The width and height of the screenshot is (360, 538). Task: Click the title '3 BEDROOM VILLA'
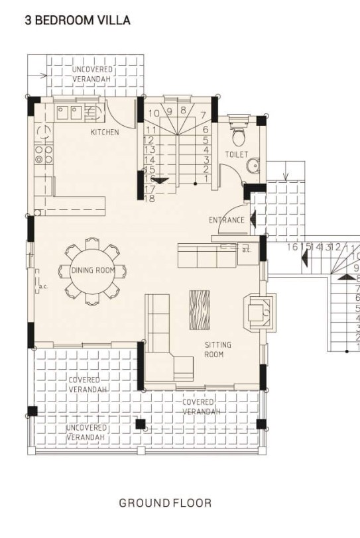(x=78, y=21)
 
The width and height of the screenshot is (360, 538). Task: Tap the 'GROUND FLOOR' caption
(x=165, y=503)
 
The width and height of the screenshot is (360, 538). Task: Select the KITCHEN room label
(x=105, y=133)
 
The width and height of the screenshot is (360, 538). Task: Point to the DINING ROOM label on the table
(x=93, y=270)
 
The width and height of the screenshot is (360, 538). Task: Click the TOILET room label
(x=237, y=154)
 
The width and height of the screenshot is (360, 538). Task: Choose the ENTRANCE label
(x=227, y=220)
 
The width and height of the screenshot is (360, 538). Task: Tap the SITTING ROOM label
(x=214, y=350)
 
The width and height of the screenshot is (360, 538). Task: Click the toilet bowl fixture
(x=239, y=135)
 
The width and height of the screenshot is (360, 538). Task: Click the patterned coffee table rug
(x=199, y=309)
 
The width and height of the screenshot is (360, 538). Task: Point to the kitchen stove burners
(x=44, y=154)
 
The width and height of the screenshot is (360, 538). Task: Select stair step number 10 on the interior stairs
(x=153, y=113)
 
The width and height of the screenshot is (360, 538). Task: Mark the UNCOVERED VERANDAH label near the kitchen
(x=92, y=74)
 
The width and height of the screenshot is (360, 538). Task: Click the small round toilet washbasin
(x=251, y=166)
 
